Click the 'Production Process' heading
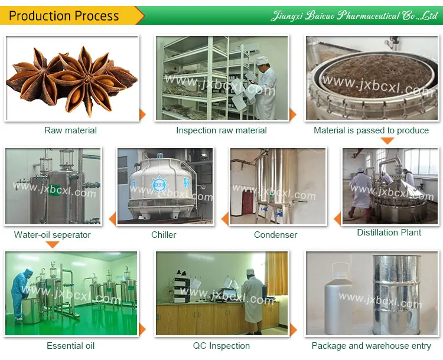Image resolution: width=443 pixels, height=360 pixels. [64, 16]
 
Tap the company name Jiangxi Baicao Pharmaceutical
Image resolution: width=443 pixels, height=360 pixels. [354, 16]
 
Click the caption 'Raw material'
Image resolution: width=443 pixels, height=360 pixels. [71, 130]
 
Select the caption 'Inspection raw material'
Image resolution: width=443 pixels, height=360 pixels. [221, 130]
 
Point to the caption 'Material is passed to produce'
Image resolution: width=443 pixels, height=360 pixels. [372, 130]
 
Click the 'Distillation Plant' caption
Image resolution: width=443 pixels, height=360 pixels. [389, 233]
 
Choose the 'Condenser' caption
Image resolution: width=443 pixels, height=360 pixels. [275, 235]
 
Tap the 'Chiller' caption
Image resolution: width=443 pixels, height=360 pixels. [164, 235]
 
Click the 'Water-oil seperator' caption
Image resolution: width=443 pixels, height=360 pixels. [53, 235]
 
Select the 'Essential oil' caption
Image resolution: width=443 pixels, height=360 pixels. [71, 346]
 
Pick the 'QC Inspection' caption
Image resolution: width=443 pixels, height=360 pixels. [221, 346]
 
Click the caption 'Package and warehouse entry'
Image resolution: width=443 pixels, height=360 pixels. [372, 346]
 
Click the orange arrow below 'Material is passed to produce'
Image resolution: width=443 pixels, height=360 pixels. [387, 141]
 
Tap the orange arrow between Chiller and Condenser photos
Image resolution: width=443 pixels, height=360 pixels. [224, 220]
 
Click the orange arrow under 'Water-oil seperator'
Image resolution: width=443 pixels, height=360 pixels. [53, 245]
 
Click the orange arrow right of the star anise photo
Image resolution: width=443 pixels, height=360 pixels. [142, 114]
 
